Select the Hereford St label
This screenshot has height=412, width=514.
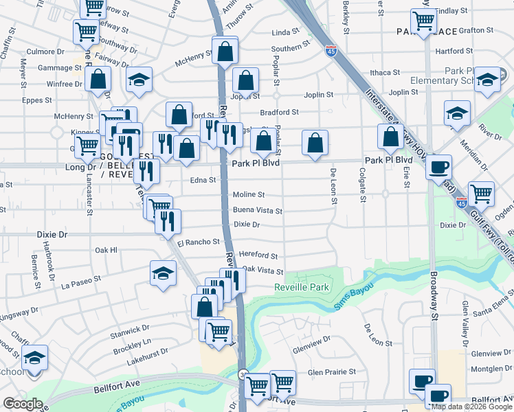click(258, 255)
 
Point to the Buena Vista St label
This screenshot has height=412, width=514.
click(257, 211)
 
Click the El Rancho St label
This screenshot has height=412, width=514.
click(198, 242)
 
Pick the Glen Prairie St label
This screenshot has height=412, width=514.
click(331, 371)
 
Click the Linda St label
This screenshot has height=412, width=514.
click(286, 32)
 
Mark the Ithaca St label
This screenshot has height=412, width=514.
click(385, 72)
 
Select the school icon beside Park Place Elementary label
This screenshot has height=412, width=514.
click(487, 80)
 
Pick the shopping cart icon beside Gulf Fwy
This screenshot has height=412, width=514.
click(481, 193)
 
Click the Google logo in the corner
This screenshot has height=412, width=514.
click(23, 404)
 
